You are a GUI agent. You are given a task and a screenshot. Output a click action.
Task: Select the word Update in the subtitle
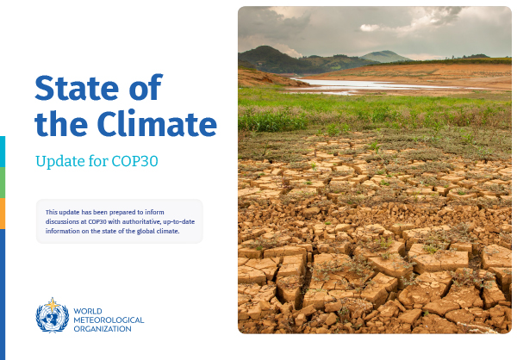tap(59, 160)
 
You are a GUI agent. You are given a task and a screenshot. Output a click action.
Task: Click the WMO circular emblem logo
tap(53, 317)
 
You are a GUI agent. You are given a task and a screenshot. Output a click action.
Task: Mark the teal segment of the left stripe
tap(3, 151)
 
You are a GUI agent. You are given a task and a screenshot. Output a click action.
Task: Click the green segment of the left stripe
tap(3, 182)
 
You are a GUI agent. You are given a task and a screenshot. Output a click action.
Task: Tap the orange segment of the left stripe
tap(3, 213)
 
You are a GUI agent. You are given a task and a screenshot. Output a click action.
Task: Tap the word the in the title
tap(61, 124)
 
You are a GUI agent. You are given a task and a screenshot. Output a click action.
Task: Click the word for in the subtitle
tap(97, 160)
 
